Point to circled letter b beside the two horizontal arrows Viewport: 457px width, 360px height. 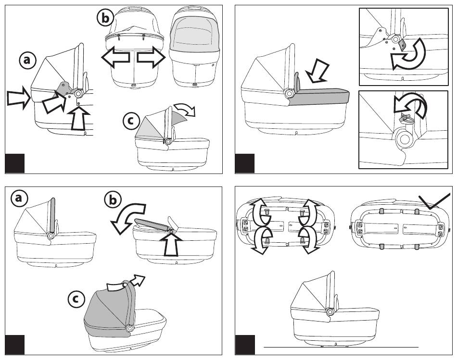[105, 18]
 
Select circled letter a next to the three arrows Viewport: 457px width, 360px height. [27, 60]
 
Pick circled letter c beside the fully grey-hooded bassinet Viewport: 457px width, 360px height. [75, 299]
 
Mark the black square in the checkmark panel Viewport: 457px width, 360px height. [244, 345]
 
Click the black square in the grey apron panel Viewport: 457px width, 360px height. [244, 163]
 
